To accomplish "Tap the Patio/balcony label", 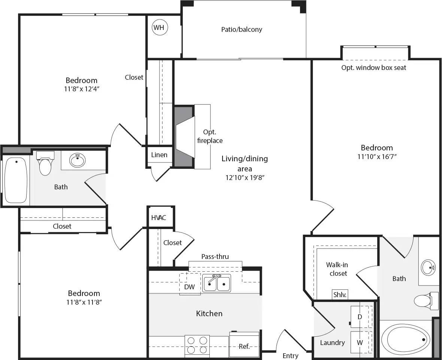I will click(x=242, y=29).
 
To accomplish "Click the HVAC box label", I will click(x=159, y=218).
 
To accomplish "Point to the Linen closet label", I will click(x=159, y=155).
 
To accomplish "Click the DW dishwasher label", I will click(x=190, y=287).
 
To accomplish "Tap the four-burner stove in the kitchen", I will click(x=197, y=345).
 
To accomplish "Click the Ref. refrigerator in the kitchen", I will click(x=244, y=346).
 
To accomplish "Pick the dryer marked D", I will click(x=360, y=317).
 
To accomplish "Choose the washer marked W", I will click(x=360, y=342).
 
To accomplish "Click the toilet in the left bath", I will click(x=45, y=164).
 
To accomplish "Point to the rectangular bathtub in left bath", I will click(x=16, y=180).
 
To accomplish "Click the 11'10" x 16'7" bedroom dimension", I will click(x=377, y=157).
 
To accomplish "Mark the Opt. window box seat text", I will click(x=373, y=68).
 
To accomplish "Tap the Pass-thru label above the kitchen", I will click(x=215, y=256).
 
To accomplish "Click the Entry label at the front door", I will click(x=291, y=356).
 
